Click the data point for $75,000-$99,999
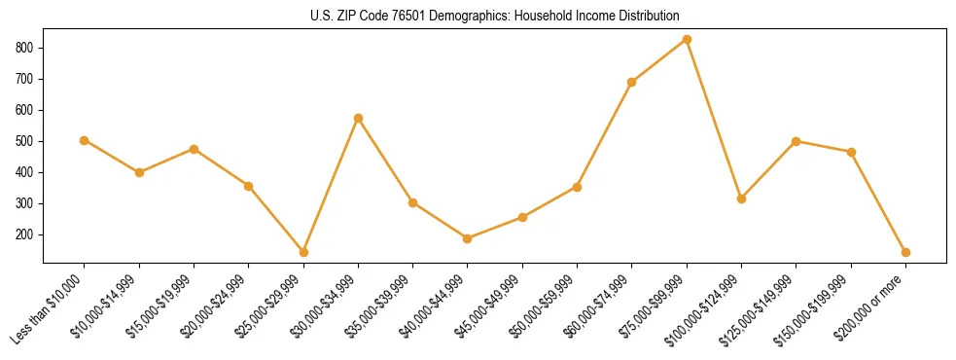[687, 39]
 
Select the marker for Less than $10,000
[85, 140]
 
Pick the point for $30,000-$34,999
[358, 118]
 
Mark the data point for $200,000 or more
[905, 252]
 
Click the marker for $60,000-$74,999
[632, 82]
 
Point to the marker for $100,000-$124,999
[742, 198]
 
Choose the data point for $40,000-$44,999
[468, 238]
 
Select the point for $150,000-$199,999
[851, 152]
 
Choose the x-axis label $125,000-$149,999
[762, 308]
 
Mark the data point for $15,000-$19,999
[194, 149]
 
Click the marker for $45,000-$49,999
[522, 217]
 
